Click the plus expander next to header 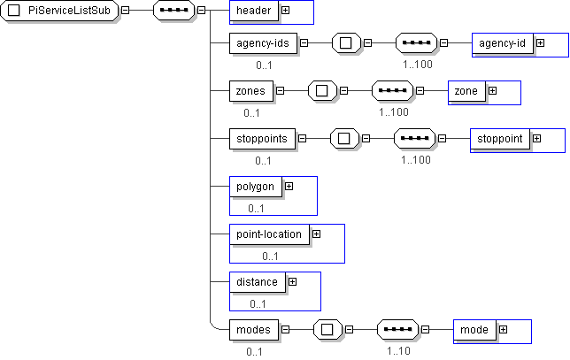286,11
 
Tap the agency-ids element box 261,42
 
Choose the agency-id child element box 502,42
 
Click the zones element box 250,90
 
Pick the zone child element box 466,91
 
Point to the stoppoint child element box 501,139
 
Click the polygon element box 255,187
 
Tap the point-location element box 269,234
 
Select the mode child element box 474,330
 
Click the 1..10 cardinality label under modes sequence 398,351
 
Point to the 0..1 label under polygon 257,209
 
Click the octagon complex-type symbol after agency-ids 346,42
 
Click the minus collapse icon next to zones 281,90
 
